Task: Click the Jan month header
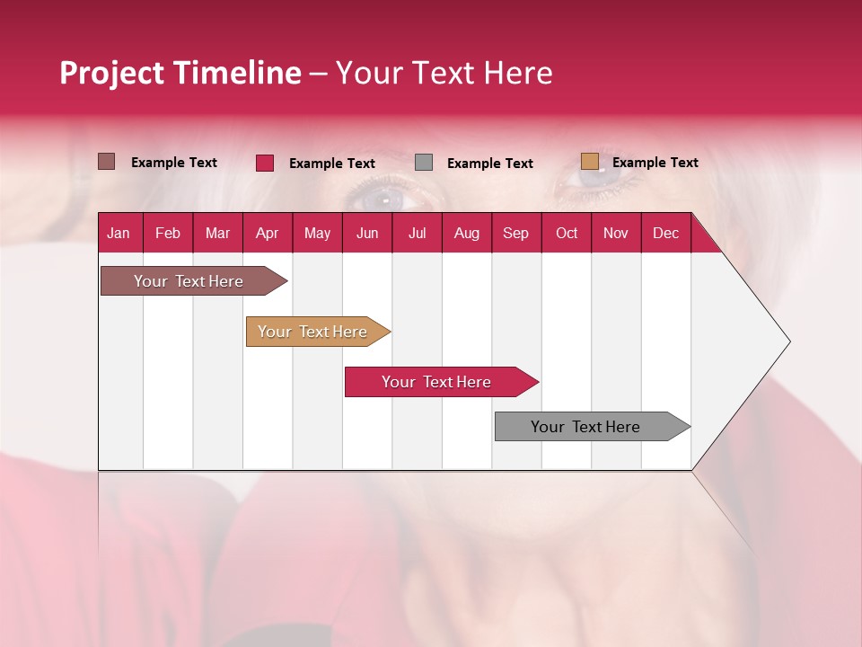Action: [x=119, y=233]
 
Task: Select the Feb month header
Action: [x=168, y=233]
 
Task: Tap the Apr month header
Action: [x=267, y=233]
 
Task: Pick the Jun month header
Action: [x=367, y=233]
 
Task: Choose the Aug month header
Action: [x=466, y=233]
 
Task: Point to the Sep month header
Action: [x=515, y=233]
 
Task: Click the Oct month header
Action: [x=567, y=233]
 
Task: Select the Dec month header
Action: [x=665, y=233]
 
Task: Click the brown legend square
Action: [x=107, y=162]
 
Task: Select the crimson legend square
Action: [x=265, y=163]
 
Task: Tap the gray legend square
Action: [x=424, y=163]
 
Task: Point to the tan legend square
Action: [x=589, y=162]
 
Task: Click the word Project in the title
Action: [x=112, y=73]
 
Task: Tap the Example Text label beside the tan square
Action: [x=655, y=163]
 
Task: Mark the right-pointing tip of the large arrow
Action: [x=788, y=341]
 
